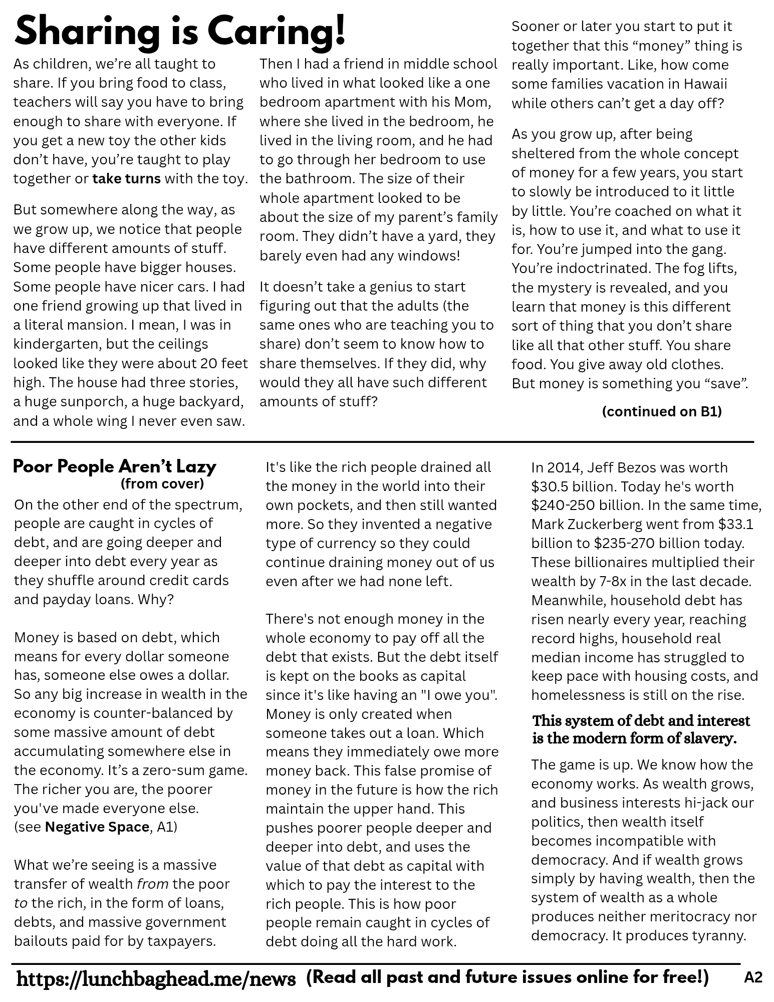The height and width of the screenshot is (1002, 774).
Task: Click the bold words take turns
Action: point(126,179)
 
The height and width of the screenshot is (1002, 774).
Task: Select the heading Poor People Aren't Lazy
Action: point(114,466)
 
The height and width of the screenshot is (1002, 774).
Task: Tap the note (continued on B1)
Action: point(661,411)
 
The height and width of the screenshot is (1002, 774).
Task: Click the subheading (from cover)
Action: point(162,484)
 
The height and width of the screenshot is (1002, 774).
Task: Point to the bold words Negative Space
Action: point(97,827)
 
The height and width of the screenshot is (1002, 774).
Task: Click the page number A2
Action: point(753,977)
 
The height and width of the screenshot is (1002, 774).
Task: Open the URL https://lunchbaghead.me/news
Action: point(156,978)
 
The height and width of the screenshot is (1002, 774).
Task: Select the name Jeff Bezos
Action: point(616,468)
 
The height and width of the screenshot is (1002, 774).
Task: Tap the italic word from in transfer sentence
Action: point(152,885)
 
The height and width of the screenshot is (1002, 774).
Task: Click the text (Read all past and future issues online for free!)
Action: point(507,977)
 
